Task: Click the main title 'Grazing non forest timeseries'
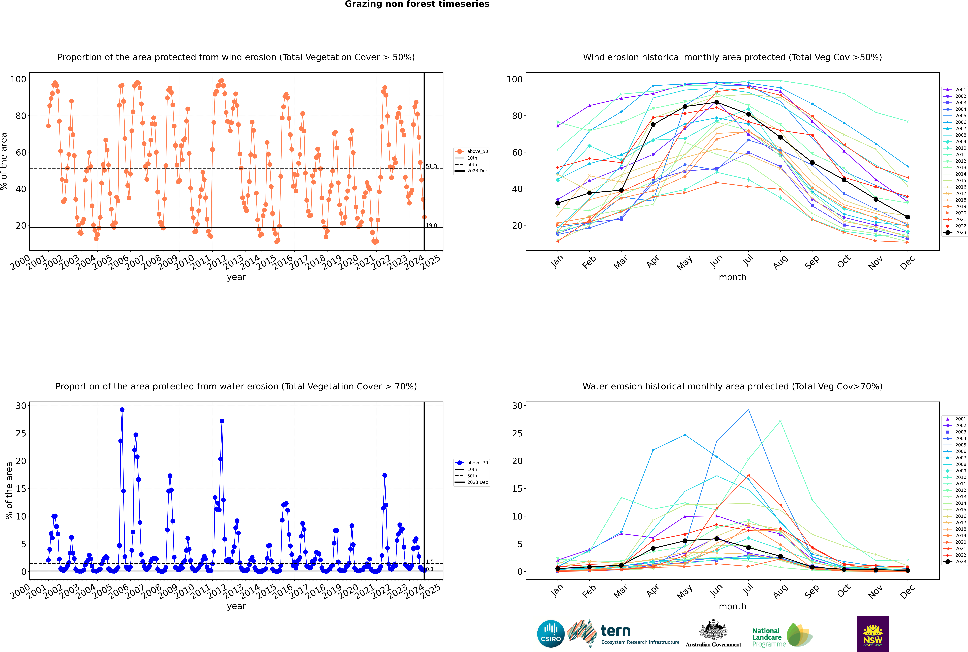(x=417, y=4)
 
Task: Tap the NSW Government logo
(x=873, y=633)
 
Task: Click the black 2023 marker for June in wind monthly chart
(x=717, y=102)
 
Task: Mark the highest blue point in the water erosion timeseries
(x=122, y=410)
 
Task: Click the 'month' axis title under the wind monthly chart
(x=732, y=277)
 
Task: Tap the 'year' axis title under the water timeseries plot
(x=236, y=606)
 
